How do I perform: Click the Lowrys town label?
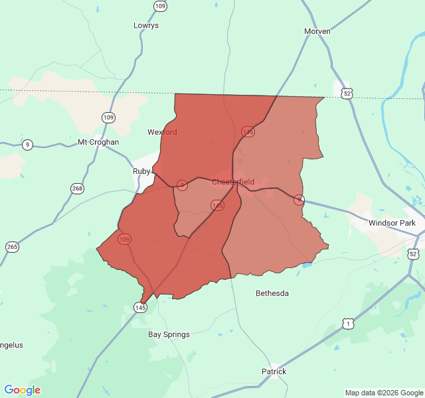click(x=146, y=25)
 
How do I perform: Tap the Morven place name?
click(x=317, y=31)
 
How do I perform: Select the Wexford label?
click(x=162, y=132)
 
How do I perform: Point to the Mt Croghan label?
click(x=98, y=142)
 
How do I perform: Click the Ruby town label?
click(x=141, y=170)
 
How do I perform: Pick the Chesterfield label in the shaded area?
click(x=233, y=182)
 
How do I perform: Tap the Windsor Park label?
click(x=392, y=223)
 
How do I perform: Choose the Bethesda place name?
click(x=272, y=293)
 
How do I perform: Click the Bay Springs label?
click(x=169, y=334)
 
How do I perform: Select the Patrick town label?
click(x=274, y=371)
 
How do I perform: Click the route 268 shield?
click(x=78, y=188)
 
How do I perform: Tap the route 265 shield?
click(x=12, y=247)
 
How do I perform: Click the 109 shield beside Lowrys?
click(x=160, y=6)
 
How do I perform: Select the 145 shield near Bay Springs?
click(x=140, y=308)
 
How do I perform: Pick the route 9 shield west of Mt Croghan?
click(x=27, y=145)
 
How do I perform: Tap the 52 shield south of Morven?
click(x=347, y=94)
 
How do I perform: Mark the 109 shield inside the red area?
click(x=125, y=239)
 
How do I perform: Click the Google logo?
click(x=22, y=390)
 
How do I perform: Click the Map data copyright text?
click(x=383, y=393)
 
